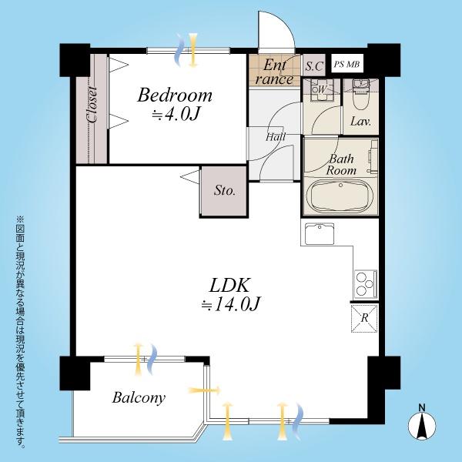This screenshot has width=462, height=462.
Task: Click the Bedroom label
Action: [175, 95]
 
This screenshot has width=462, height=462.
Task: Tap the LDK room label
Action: [229, 285]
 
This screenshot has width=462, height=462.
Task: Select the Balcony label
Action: [139, 398]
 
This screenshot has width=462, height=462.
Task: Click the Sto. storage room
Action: [225, 191]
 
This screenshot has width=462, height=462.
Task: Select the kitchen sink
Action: [320, 233]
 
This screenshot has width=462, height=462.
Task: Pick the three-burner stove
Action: [366, 283]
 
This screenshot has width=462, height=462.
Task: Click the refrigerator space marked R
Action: [364, 318]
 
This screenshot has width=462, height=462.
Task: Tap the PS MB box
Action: [347, 64]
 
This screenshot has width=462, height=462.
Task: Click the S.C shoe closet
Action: [314, 65]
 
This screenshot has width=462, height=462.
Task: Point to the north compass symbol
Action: [422, 423]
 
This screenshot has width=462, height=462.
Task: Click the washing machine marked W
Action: [321, 89]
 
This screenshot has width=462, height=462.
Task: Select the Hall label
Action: [276, 137]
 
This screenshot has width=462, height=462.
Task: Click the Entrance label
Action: [275, 72]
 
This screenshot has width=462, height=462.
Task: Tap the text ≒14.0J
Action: [230, 303]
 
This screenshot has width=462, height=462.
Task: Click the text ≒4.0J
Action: [176, 114]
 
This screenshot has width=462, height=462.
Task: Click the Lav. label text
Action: [360, 122]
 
